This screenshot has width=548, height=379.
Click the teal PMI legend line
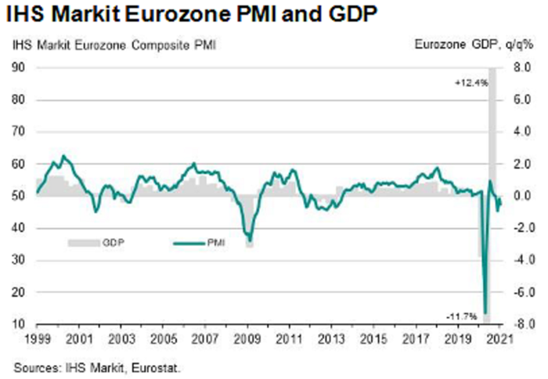(187, 243)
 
